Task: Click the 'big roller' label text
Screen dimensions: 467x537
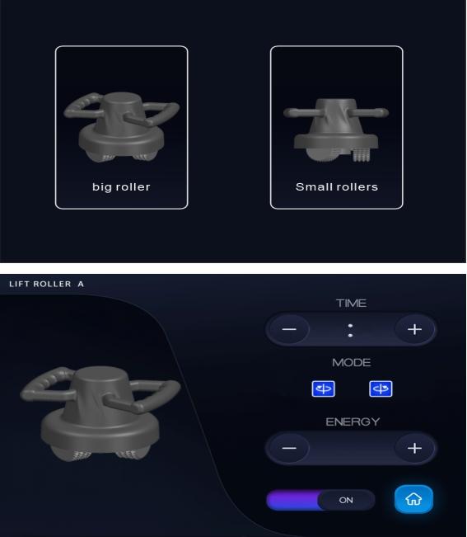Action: pyautogui.click(x=121, y=187)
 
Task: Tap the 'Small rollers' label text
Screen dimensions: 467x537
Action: pyautogui.click(x=337, y=186)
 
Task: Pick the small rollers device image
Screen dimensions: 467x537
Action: pyautogui.click(x=336, y=130)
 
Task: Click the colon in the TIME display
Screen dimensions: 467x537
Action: pyautogui.click(x=350, y=330)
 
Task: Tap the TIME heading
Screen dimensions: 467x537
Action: pyautogui.click(x=352, y=303)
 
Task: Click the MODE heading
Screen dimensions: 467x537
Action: pyautogui.click(x=352, y=362)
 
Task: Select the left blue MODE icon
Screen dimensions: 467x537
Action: pyautogui.click(x=324, y=389)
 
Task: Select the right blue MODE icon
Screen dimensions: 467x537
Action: pyautogui.click(x=381, y=389)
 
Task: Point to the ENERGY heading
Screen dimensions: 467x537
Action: pyautogui.click(x=353, y=422)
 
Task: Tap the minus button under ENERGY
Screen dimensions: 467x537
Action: pyautogui.click(x=289, y=448)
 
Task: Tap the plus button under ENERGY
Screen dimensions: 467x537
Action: pyautogui.click(x=414, y=448)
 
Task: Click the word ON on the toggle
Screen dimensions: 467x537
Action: pyautogui.click(x=346, y=500)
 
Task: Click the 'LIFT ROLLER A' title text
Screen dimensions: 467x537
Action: pyautogui.click(x=46, y=284)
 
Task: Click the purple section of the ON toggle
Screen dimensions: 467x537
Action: pyautogui.click(x=292, y=500)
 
